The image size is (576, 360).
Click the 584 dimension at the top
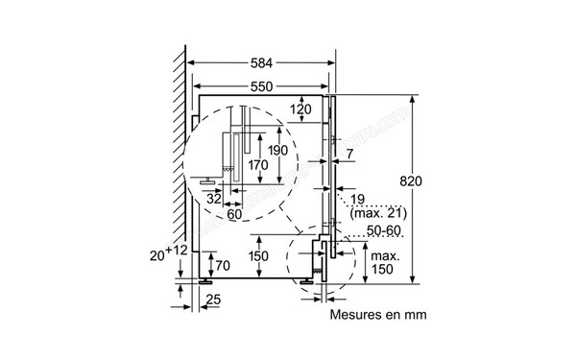[x=261, y=63]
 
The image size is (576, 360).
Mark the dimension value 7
[x=350, y=154]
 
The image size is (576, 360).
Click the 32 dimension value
[x=215, y=197]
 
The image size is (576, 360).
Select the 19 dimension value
[x=358, y=199]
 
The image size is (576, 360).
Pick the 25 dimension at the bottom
[x=214, y=300]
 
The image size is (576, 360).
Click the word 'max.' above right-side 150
[x=385, y=255]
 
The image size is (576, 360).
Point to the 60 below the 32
[x=234, y=213]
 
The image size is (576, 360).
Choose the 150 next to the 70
[x=257, y=257]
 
